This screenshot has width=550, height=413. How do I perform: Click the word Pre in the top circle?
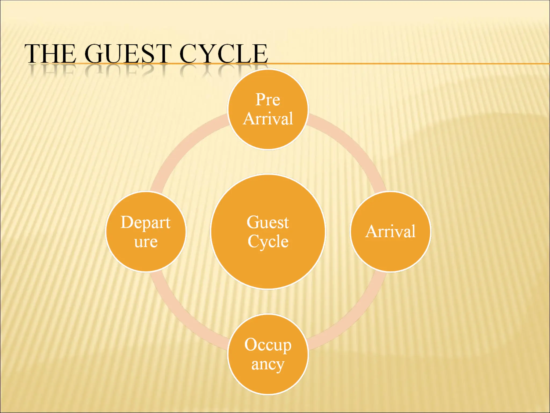(268, 100)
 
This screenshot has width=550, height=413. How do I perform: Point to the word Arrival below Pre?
(268, 119)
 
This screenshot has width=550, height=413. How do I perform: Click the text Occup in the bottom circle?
(268, 345)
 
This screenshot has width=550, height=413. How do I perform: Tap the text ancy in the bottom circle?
(268, 365)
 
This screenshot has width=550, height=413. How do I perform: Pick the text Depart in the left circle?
(145, 223)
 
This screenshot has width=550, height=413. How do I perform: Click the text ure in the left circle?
(146, 242)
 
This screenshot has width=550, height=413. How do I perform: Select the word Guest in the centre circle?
(268, 223)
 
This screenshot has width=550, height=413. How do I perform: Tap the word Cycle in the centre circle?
(268, 241)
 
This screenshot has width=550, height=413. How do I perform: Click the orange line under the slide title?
(403, 64)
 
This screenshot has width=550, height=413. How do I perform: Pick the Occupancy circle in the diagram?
(268, 382)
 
